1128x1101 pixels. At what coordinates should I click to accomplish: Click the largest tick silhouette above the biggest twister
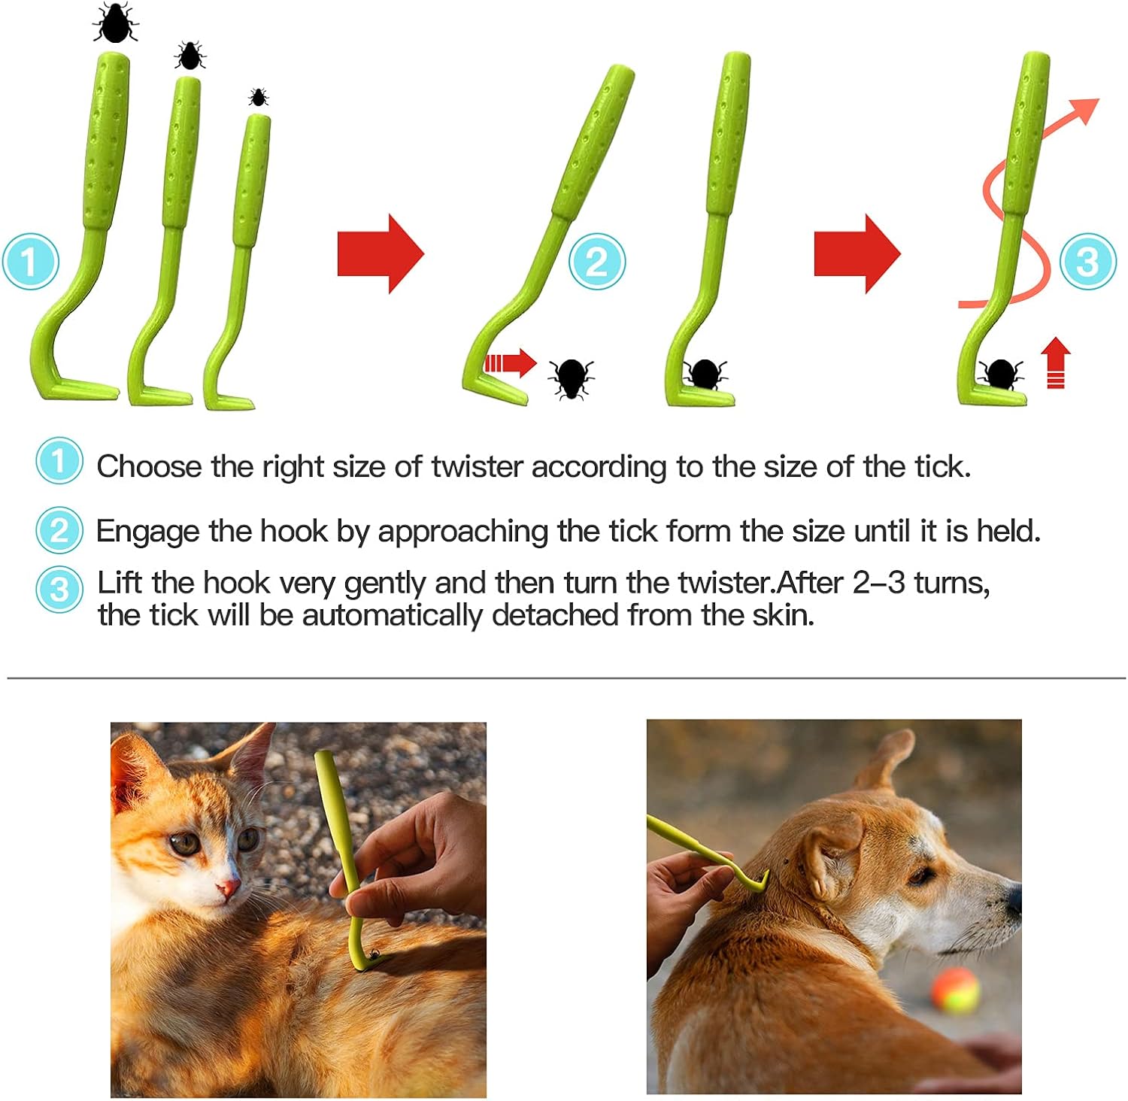pos(116,23)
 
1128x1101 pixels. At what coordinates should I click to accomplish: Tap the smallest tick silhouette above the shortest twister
pos(259,97)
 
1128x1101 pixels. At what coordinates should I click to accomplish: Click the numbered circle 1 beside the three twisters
pos(30,262)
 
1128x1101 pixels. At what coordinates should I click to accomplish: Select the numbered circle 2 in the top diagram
pos(596,262)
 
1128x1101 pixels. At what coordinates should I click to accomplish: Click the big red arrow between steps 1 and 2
pos(381,253)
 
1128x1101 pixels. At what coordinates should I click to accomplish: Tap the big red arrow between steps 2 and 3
pos(857,253)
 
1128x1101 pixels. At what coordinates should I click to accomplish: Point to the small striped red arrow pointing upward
pos(1056,362)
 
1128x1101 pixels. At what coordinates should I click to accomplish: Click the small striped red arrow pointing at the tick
pos(510,363)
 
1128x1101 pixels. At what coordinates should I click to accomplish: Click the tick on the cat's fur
pos(374,954)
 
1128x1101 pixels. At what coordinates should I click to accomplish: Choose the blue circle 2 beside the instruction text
pos(59,531)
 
